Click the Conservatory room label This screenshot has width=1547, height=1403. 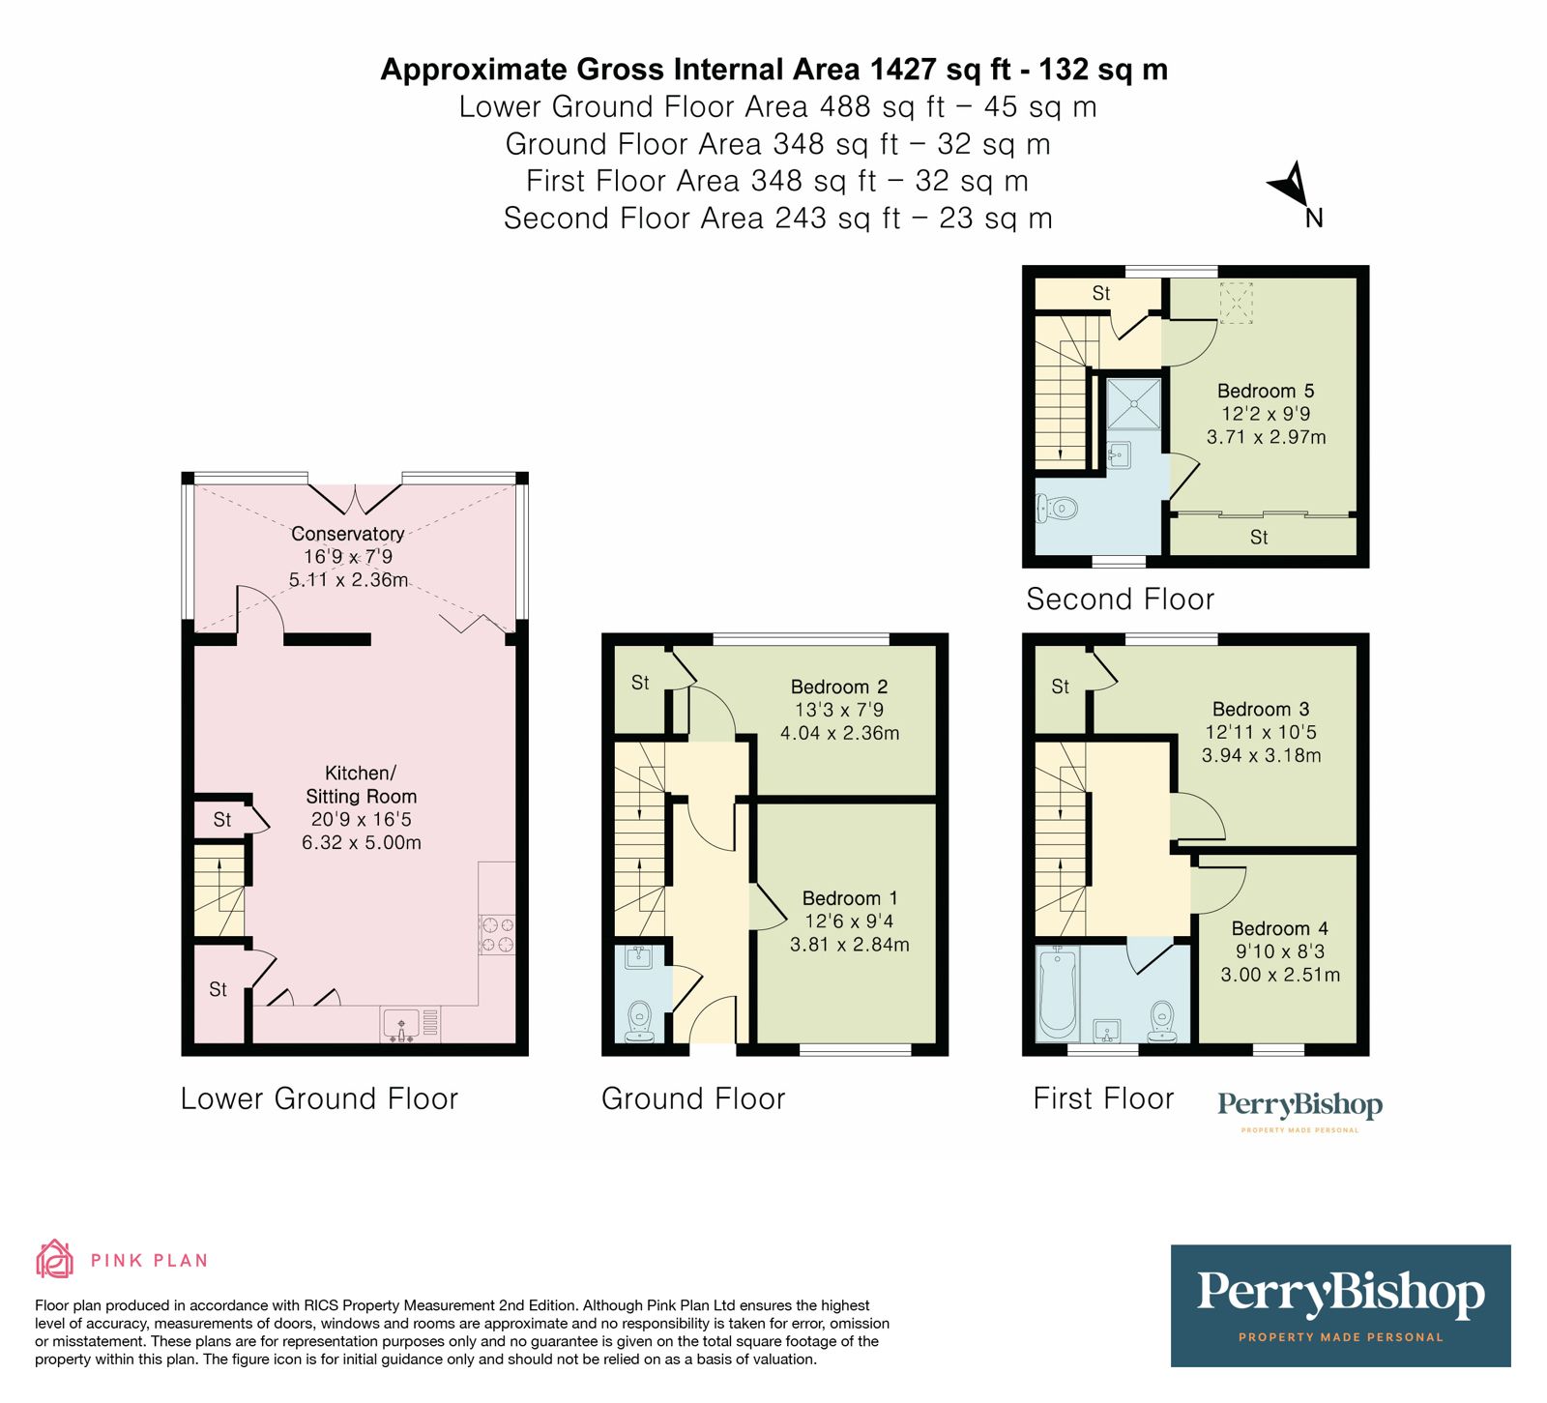[347, 534]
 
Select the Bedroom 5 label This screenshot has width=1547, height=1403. [1265, 391]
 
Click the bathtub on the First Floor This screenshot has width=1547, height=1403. [1057, 992]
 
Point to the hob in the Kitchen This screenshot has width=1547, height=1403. [497, 935]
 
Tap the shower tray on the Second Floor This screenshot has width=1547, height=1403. [1133, 403]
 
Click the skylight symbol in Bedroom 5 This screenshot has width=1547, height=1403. [1236, 302]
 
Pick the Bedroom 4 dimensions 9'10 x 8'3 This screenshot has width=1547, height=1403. [1279, 951]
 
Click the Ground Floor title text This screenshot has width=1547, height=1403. [692, 1098]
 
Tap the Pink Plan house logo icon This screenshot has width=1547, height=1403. [54, 1259]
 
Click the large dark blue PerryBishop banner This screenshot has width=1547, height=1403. [1340, 1305]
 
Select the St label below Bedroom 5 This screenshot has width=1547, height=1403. [1258, 538]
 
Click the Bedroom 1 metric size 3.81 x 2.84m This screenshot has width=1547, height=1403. [849, 945]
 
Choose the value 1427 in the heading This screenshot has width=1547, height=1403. [903, 70]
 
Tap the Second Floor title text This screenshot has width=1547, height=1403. [1119, 599]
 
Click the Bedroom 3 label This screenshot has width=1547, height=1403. [1260, 709]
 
